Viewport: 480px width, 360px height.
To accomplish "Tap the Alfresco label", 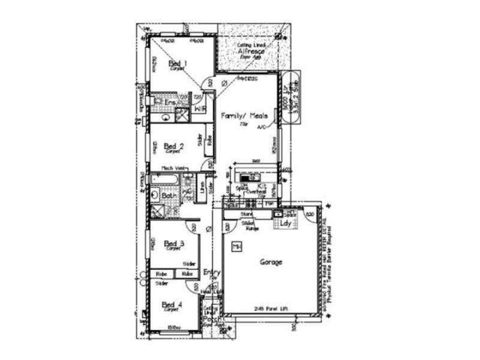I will [251, 52].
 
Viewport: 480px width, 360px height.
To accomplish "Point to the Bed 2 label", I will [173, 145].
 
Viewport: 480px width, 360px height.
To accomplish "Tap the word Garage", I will [271, 262].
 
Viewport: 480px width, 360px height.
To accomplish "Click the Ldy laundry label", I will [285, 224].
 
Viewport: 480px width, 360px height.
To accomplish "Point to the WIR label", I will [200, 109].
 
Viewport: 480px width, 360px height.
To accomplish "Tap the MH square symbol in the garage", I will [236, 246].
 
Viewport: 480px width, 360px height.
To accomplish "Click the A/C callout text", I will [261, 128].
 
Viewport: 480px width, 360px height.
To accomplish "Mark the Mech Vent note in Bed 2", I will [171, 168].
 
